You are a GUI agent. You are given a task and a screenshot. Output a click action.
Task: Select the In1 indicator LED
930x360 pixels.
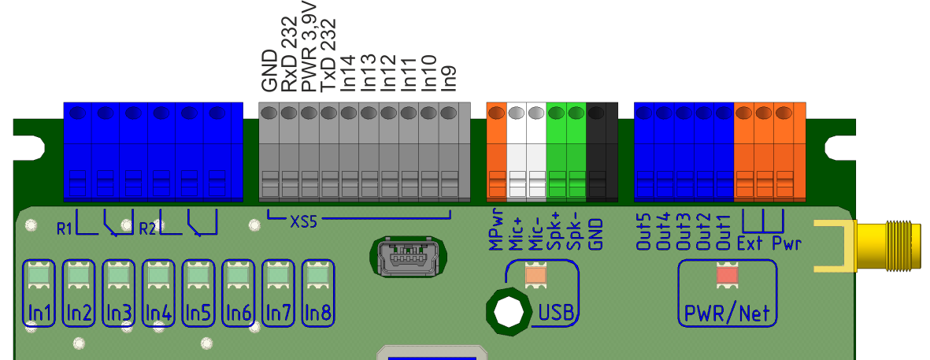(39, 276)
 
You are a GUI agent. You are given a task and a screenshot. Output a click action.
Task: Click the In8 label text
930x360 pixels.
(318, 312)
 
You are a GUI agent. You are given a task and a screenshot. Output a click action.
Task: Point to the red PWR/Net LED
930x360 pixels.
(727, 275)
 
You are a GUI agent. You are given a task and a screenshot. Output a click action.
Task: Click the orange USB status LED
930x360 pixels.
(536, 274)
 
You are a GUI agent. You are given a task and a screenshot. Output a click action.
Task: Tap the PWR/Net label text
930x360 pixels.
(727, 313)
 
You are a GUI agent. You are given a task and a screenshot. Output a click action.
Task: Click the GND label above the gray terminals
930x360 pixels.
(269, 72)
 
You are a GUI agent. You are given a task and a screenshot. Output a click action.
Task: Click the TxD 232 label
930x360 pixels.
(328, 58)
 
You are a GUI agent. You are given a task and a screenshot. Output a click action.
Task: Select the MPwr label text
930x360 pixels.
(495, 233)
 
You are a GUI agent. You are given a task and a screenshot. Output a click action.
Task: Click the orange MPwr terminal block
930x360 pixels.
(496, 150)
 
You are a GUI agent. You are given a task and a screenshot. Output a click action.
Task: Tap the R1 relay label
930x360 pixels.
(65, 229)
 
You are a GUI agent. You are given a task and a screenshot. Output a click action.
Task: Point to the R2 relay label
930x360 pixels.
(147, 229)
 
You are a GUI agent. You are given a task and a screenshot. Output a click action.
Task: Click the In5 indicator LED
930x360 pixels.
(198, 276)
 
